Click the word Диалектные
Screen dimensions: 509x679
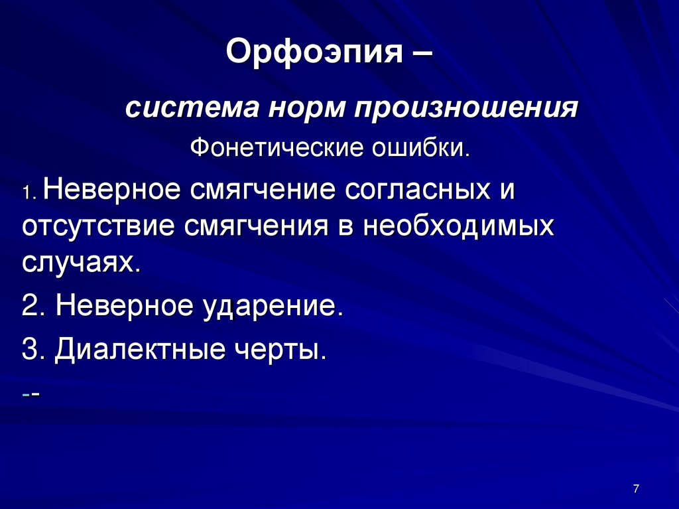(x=137, y=349)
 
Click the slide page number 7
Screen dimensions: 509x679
(x=636, y=489)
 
